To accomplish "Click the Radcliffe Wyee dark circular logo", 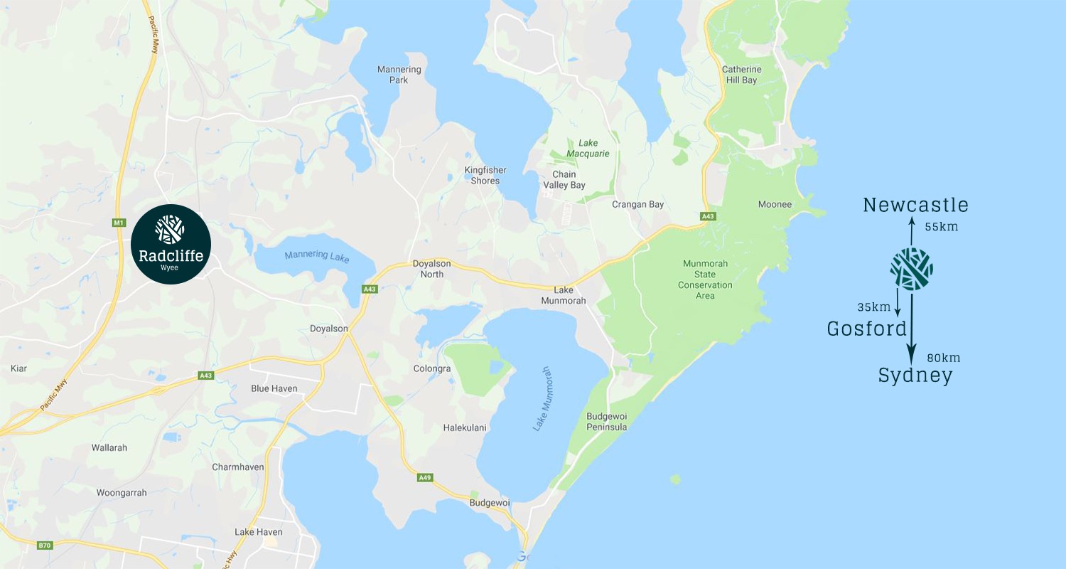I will coord(171,244).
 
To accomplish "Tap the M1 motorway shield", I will coord(119,223).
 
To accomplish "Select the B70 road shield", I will coord(44,546).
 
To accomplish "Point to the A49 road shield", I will coord(424,477).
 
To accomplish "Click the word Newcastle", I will coord(915,206).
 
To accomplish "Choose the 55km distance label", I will coord(942,227).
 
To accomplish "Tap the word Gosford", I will coord(867,329).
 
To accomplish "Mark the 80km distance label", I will coord(944,358).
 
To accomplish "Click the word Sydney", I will coord(915,376).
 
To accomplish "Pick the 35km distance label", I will coord(873,307).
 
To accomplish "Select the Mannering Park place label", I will coord(399,75).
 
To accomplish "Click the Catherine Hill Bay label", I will coord(741,75).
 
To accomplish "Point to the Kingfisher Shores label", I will coord(486,175).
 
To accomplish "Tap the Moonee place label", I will coord(775,204).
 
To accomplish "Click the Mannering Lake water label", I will coord(317,256).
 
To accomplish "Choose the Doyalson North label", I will coord(432,269).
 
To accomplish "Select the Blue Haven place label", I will coord(274,388).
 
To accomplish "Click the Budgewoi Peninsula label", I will coord(606,421).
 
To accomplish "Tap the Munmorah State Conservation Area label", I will coord(705,280).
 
